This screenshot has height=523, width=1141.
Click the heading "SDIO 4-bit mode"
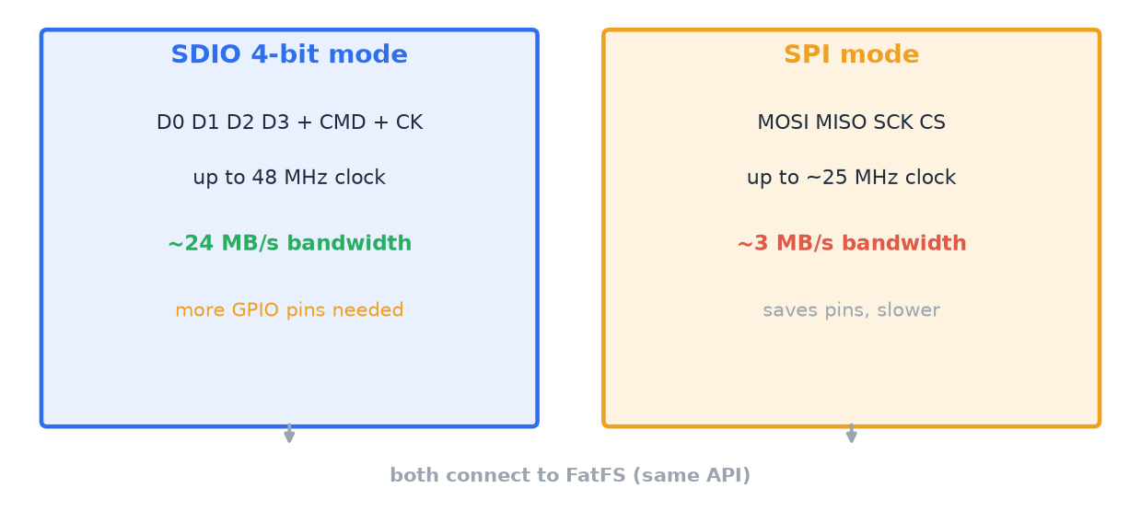click(289, 54)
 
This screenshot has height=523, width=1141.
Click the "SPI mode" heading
click(851, 54)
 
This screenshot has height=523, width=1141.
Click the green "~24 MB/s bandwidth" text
click(289, 243)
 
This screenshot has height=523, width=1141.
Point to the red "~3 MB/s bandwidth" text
click(852, 243)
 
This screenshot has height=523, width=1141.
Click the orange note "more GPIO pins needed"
click(289, 310)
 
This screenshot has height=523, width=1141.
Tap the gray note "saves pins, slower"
click(851, 310)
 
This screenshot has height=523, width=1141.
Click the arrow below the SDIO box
click(289, 434)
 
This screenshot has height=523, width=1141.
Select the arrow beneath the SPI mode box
click(851, 434)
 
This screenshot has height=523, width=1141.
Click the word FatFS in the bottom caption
click(596, 475)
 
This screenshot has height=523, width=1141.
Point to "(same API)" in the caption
click(692, 476)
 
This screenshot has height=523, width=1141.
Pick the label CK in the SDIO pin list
click(409, 122)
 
